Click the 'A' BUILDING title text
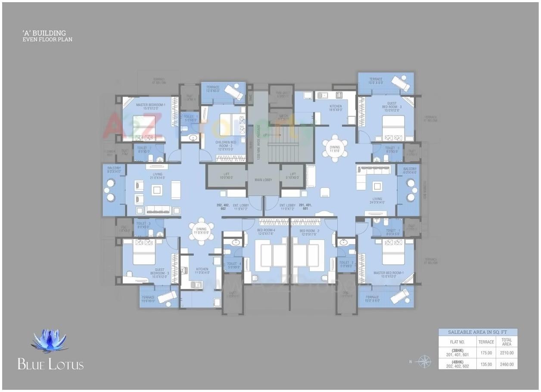(x=44, y=33)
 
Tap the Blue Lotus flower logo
(x=50, y=340)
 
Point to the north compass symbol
(x=425, y=361)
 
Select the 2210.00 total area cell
(x=507, y=353)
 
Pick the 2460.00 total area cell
(x=507, y=364)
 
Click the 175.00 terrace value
(x=486, y=353)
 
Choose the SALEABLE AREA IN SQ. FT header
(x=478, y=332)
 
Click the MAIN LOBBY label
(x=264, y=180)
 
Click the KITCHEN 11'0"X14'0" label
(x=202, y=271)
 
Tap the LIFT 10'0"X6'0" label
(x=227, y=176)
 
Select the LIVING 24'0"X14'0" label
(x=377, y=201)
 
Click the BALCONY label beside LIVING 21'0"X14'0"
(x=114, y=170)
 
